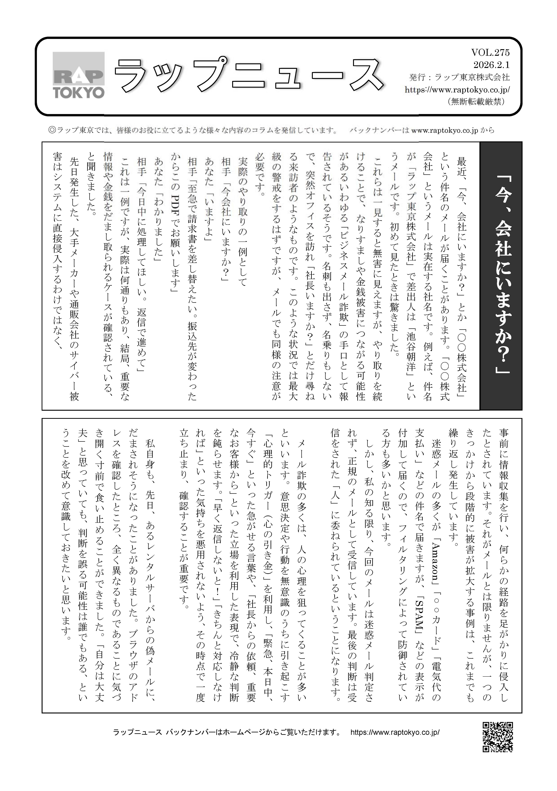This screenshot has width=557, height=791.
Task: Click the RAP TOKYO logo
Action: [79, 75]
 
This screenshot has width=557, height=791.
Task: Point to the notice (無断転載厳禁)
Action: [477, 102]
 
